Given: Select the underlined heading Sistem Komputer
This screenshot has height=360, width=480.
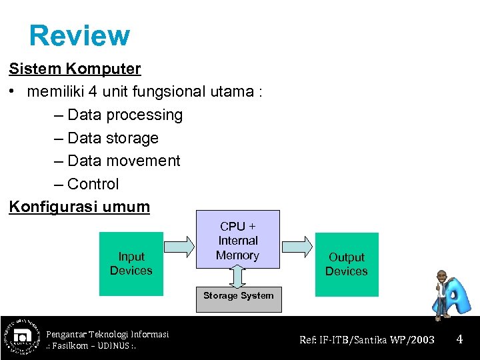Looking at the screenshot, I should click(75, 69).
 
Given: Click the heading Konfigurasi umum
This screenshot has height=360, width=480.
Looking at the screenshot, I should click(79, 207).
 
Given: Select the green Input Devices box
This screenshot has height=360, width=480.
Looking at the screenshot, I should click(131, 263).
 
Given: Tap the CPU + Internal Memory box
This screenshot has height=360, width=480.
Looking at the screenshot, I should click(237, 240).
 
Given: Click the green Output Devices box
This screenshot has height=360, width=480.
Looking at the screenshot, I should click(346, 264).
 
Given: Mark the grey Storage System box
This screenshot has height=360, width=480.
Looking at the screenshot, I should click(238, 299).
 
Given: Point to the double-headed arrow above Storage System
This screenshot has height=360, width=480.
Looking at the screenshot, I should click(238, 277).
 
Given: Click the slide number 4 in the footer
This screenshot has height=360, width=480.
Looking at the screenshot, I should click(459, 339).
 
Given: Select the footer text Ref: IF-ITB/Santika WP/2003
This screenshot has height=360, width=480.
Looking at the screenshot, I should click(367, 340).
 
